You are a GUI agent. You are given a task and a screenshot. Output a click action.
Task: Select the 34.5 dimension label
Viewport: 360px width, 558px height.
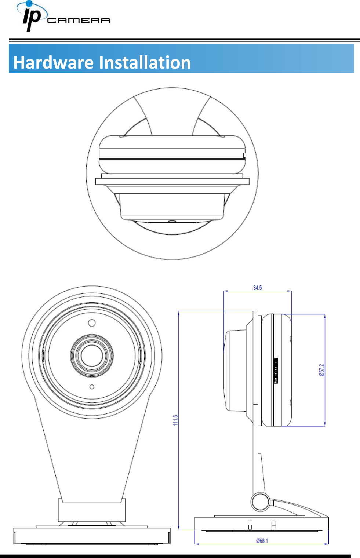(x=257, y=288)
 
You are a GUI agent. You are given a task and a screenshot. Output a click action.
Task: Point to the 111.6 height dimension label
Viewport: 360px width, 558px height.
(x=175, y=420)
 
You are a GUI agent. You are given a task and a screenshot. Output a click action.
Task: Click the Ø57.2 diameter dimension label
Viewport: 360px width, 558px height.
(x=321, y=370)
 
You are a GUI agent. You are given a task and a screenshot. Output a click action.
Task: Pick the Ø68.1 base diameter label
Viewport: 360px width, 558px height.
(x=262, y=540)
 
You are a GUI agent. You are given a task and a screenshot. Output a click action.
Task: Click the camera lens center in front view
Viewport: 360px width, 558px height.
(x=92, y=355)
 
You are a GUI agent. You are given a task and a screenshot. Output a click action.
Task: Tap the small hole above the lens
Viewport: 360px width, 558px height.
(x=92, y=323)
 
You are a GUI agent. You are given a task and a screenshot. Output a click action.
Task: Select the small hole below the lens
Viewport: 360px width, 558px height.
(x=92, y=387)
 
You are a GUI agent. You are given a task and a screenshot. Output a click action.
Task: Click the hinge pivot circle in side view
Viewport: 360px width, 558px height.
(x=260, y=501)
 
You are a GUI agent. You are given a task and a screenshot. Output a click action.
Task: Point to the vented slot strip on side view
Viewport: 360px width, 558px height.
(x=276, y=371)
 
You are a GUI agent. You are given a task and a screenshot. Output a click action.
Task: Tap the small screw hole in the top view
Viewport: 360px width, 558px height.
(x=171, y=221)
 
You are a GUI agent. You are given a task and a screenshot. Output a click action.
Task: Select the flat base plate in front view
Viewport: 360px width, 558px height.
(x=92, y=536)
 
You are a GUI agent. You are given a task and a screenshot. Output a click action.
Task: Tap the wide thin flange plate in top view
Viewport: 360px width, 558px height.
(x=172, y=181)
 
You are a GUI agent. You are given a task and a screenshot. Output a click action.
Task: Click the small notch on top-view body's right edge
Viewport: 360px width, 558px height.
(x=244, y=156)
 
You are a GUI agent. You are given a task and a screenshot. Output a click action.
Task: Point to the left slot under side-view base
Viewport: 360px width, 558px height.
(x=250, y=525)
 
